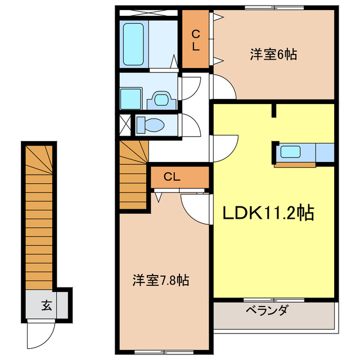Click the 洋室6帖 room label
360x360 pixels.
pos(273,55)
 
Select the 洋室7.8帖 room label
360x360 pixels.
pos(160,280)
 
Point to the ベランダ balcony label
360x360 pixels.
pos(267,310)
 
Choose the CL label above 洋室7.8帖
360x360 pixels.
pos(172,177)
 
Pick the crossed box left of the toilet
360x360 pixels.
pos(124,124)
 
